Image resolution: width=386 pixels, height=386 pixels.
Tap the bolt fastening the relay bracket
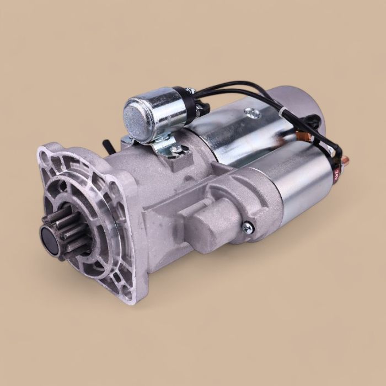(175, 149)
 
